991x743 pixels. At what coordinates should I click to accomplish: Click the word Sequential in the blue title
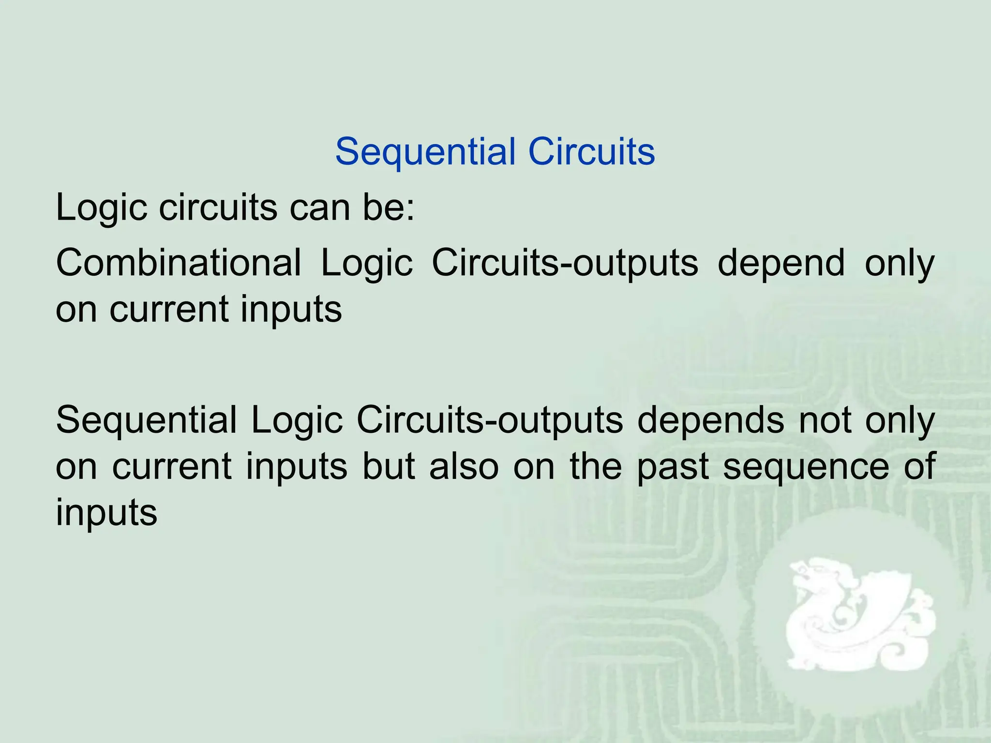tap(426, 152)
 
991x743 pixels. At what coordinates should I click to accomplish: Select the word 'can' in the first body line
tap(319, 208)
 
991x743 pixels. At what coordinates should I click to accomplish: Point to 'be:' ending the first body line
tap(389, 208)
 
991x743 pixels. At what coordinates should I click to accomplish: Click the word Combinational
tap(178, 263)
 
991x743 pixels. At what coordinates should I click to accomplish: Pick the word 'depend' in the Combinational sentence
tap(781, 264)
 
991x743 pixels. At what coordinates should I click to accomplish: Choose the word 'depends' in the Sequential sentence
tap(710, 420)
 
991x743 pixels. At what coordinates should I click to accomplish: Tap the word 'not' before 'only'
tap(825, 420)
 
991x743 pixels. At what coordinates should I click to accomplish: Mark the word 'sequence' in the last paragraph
tap(806, 467)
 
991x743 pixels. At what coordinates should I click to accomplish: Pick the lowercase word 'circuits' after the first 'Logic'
tap(218, 208)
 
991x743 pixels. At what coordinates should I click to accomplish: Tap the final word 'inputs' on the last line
tap(106, 513)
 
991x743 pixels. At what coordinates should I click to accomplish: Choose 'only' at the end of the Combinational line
tap(900, 264)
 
